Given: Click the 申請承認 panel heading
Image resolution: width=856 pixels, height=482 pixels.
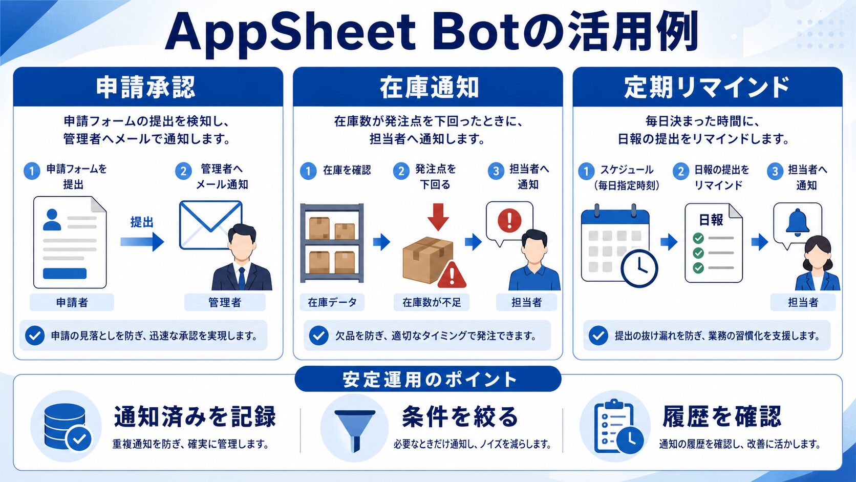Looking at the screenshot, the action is click(145, 88).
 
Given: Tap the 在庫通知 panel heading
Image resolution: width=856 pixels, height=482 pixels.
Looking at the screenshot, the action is click(429, 88).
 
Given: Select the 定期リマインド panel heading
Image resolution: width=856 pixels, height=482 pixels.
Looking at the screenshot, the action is click(707, 88).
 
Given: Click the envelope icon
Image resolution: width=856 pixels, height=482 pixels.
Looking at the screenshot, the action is click(210, 225).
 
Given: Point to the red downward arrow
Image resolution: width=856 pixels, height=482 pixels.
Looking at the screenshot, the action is click(438, 217).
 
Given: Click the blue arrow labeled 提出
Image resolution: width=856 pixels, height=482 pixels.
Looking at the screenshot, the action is click(142, 242).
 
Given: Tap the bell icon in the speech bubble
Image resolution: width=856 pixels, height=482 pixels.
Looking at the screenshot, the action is click(797, 221).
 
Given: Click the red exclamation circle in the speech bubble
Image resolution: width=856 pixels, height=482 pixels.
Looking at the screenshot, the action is click(509, 221).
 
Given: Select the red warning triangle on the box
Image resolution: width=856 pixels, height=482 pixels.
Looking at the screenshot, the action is click(452, 275).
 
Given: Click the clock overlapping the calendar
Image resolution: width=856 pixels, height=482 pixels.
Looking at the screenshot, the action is click(639, 268).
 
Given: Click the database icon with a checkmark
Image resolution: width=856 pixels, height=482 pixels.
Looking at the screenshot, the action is click(68, 427).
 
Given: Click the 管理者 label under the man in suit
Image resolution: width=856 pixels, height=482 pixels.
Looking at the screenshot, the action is click(225, 303).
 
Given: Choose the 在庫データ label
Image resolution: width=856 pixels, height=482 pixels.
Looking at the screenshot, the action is click(332, 303).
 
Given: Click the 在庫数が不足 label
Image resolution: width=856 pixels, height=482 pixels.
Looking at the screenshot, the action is click(432, 303).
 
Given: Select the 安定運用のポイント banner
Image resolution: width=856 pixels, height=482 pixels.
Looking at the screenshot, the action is click(428, 379).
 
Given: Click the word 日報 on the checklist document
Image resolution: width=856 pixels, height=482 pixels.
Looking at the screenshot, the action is click(711, 220).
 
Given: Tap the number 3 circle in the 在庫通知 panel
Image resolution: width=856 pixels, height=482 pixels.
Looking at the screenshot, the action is click(496, 171).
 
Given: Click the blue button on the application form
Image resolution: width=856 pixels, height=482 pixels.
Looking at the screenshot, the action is click(65, 274).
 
